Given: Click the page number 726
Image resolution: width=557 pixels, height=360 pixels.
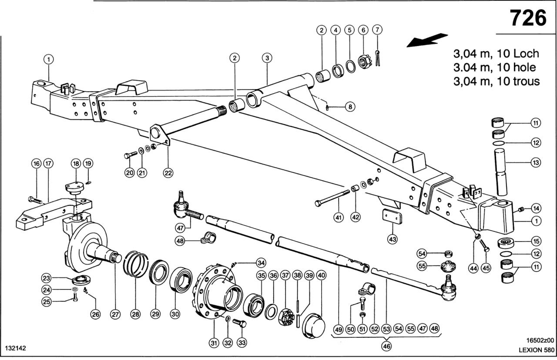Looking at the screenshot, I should tap(528, 18).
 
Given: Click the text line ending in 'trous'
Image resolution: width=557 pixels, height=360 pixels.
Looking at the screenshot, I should tap(496, 81).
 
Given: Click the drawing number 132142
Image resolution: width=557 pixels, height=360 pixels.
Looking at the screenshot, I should tap(16, 349).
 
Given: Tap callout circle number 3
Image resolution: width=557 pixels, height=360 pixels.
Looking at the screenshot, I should tap(267, 57).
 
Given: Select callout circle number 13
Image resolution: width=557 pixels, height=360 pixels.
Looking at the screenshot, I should tap(536, 163).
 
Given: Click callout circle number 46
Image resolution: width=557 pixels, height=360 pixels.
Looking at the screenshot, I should tap(386, 347).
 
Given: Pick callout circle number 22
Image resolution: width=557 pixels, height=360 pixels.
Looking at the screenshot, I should tap(168, 172).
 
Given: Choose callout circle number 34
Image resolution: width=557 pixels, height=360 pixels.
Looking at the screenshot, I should tap(260, 262).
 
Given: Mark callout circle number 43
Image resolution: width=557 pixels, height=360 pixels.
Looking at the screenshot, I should tap(393, 239).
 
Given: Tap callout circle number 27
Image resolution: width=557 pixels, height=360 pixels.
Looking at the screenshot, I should tap(114, 314).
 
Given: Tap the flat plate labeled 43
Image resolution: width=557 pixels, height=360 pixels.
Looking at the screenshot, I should tap(392, 216).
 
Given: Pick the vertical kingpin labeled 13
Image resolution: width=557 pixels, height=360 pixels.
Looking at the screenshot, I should tap(500, 172).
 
